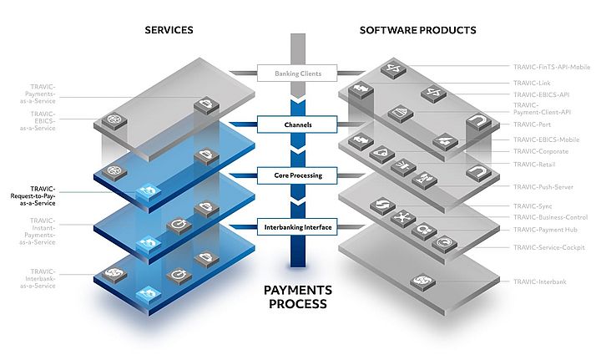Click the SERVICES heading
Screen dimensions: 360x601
[169, 30]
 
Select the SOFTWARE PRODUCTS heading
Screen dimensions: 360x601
[417, 30]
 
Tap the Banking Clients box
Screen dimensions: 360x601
[298, 74]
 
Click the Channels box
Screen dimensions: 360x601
[298, 125]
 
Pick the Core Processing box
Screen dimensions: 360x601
[298, 176]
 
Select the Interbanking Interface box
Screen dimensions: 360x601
[298, 226]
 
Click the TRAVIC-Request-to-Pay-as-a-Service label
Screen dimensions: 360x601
[34, 195]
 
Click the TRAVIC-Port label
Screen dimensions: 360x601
[529, 124]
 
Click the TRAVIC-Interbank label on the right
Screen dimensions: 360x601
[540, 281]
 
